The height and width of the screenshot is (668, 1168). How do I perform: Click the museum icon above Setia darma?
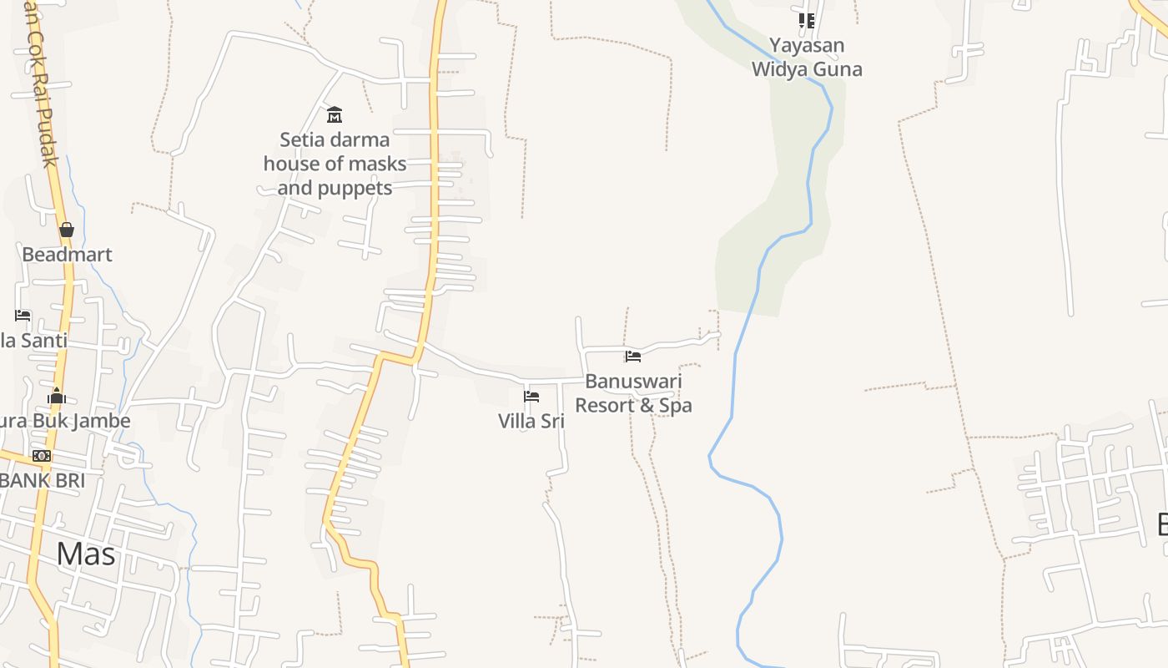tap(335, 114)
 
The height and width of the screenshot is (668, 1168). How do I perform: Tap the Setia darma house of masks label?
tap(335, 164)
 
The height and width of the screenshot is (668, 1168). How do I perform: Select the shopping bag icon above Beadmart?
tap(67, 230)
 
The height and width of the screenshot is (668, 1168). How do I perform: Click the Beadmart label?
tap(67, 255)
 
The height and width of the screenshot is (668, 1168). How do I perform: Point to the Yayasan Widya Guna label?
tap(806, 57)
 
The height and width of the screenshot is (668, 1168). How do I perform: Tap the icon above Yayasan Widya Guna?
tap(806, 20)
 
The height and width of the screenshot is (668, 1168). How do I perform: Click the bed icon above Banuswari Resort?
tap(633, 357)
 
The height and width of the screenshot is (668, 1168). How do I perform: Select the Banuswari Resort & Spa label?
tap(633, 393)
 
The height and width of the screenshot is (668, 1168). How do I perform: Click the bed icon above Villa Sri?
tap(531, 397)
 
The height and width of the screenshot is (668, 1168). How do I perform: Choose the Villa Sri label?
tap(531, 421)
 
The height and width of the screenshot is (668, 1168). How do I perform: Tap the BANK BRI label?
tap(42, 481)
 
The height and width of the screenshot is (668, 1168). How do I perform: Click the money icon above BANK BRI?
tap(42, 456)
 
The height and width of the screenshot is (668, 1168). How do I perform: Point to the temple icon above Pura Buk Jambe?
tap(57, 396)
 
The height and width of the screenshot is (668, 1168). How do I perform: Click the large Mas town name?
tap(86, 554)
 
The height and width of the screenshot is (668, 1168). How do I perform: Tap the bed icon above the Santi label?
tap(23, 316)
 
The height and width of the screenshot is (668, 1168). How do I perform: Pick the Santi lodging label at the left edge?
tap(33, 341)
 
